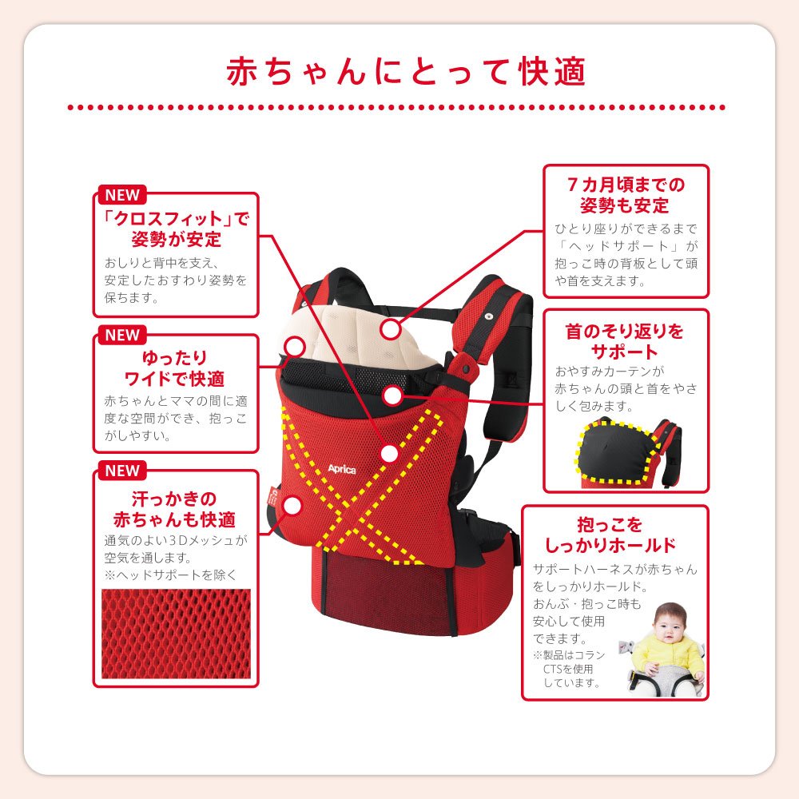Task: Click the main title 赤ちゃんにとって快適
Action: click(x=406, y=71)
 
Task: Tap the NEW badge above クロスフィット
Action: click(x=122, y=195)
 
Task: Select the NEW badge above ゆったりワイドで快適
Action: click(x=122, y=335)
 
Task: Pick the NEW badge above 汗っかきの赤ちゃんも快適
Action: click(x=122, y=471)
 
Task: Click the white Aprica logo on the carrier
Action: click(x=341, y=469)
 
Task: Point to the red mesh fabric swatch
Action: click(x=176, y=634)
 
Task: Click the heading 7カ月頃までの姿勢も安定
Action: click(x=626, y=195)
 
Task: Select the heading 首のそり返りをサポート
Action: click(x=624, y=341)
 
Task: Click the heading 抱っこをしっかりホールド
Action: click(x=610, y=535)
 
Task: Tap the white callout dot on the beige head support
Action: click(x=391, y=328)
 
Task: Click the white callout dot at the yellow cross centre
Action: click(x=389, y=453)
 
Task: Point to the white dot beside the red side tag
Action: click(x=292, y=506)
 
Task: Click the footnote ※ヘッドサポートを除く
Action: click(x=171, y=574)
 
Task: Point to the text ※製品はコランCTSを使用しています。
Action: click(x=569, y=669)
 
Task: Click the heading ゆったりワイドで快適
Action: click(x=175, y=368)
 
